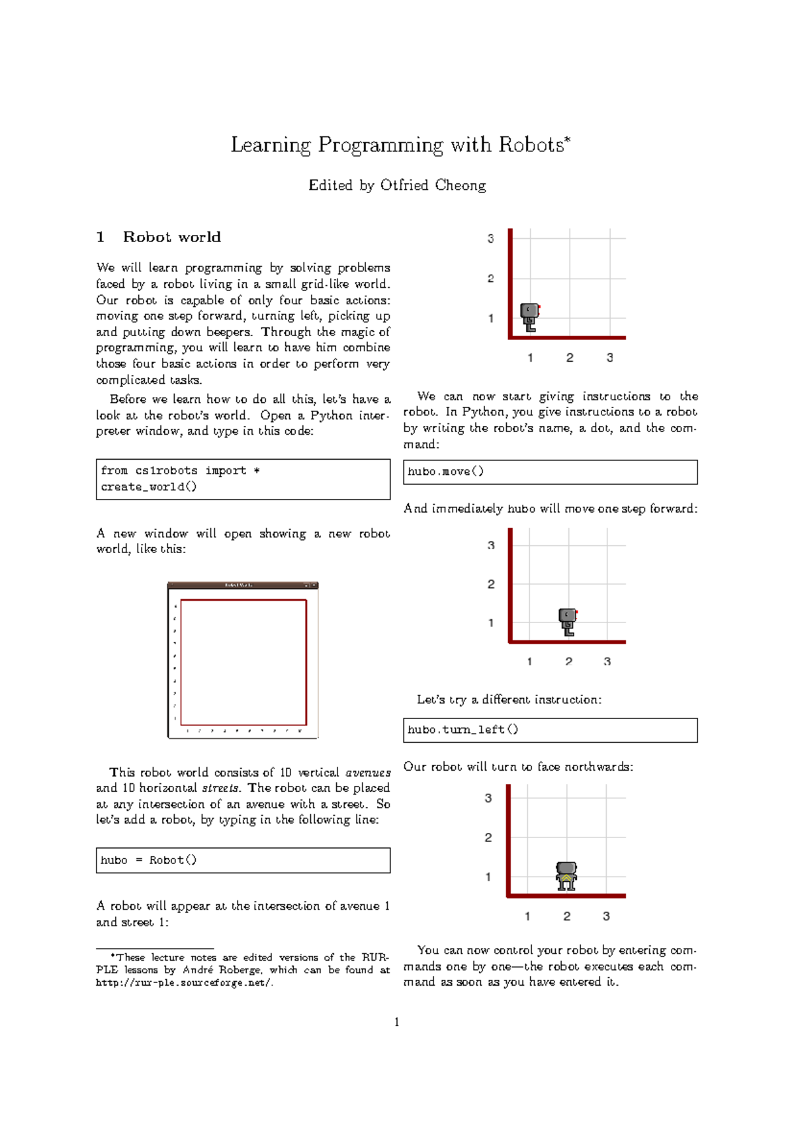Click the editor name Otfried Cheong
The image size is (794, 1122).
(x=433, y=185)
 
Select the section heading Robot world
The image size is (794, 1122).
(x=171, y=237)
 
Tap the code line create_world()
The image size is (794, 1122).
(x=149, y=487)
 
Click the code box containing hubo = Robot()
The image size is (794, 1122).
(x=243, y=860)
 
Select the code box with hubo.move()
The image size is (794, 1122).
(x=550, y=472)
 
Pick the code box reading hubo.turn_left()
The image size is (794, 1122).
(x=550, y=730)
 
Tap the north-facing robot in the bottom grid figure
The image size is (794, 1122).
(x=566, y=876)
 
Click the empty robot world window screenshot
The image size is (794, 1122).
(x=243, y=662)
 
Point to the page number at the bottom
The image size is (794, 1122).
(x=396, y=1023)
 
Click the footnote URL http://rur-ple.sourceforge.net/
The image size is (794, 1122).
(x=184, y=983)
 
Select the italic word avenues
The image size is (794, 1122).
(x=368, y=773)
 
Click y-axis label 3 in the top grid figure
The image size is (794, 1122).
(x=490, y=239)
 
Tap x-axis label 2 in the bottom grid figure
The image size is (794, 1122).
(x=566, y=916)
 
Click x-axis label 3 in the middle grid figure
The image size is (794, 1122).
(x=607, y=662)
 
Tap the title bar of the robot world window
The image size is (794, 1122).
(x=243, y=585)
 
